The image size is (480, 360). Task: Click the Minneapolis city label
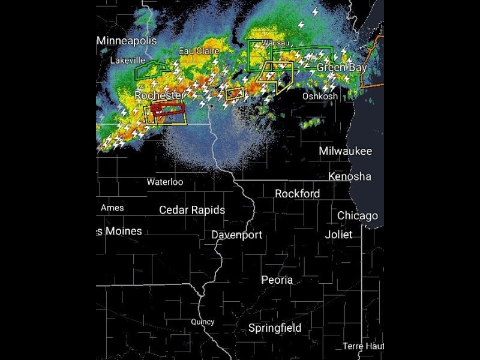point(127,41)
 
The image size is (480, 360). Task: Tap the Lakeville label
point(127,60)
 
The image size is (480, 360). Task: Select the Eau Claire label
point(199,51)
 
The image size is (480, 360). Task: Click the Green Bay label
point(341,68)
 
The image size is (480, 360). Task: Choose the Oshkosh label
point(320,96)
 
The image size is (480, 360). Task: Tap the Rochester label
point(160,95)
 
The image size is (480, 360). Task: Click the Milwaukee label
point(345,151)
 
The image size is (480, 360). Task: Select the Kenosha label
point(349,176)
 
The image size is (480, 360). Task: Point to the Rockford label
point(297,193)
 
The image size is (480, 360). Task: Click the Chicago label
point(358,215)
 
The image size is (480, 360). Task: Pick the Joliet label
point(338,235)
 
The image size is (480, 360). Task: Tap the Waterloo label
point(165,182)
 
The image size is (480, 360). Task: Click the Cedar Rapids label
point(192,209)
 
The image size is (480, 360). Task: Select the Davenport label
point(236,235)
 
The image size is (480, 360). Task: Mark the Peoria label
point(277,280)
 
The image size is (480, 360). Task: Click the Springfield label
point(275,328)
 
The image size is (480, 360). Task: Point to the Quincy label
point(202,322)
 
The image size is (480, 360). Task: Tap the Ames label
point(112,208)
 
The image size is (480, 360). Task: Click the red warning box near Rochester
point(169,109)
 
